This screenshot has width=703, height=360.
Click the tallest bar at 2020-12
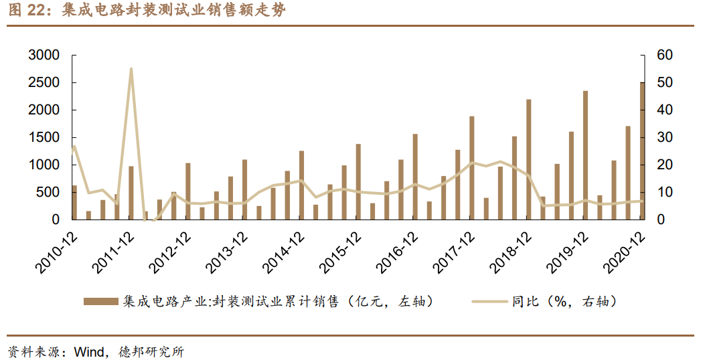[x=642, y=151]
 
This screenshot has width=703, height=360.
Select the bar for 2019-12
[x=585, y=155]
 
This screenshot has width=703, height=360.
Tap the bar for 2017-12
[x=471, y=168]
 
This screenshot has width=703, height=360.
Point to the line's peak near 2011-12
[x=131, y=69]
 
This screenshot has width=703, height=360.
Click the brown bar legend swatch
[x=101, y=302]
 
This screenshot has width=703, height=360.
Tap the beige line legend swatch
[x=489, y=302]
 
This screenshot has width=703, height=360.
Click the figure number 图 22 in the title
[x=23, y=11]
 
